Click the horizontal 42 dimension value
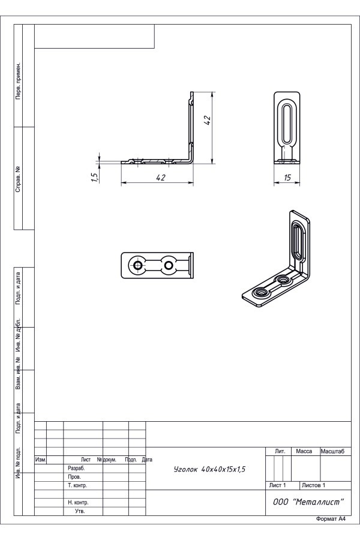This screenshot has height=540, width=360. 161,178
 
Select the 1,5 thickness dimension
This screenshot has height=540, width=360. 95,176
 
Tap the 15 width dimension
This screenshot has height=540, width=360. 287,178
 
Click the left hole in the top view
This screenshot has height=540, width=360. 138,265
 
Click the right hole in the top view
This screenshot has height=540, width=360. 169,265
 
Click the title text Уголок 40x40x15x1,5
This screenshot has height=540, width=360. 210,469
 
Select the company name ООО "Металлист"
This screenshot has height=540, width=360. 308,502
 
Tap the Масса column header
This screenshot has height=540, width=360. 304,451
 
